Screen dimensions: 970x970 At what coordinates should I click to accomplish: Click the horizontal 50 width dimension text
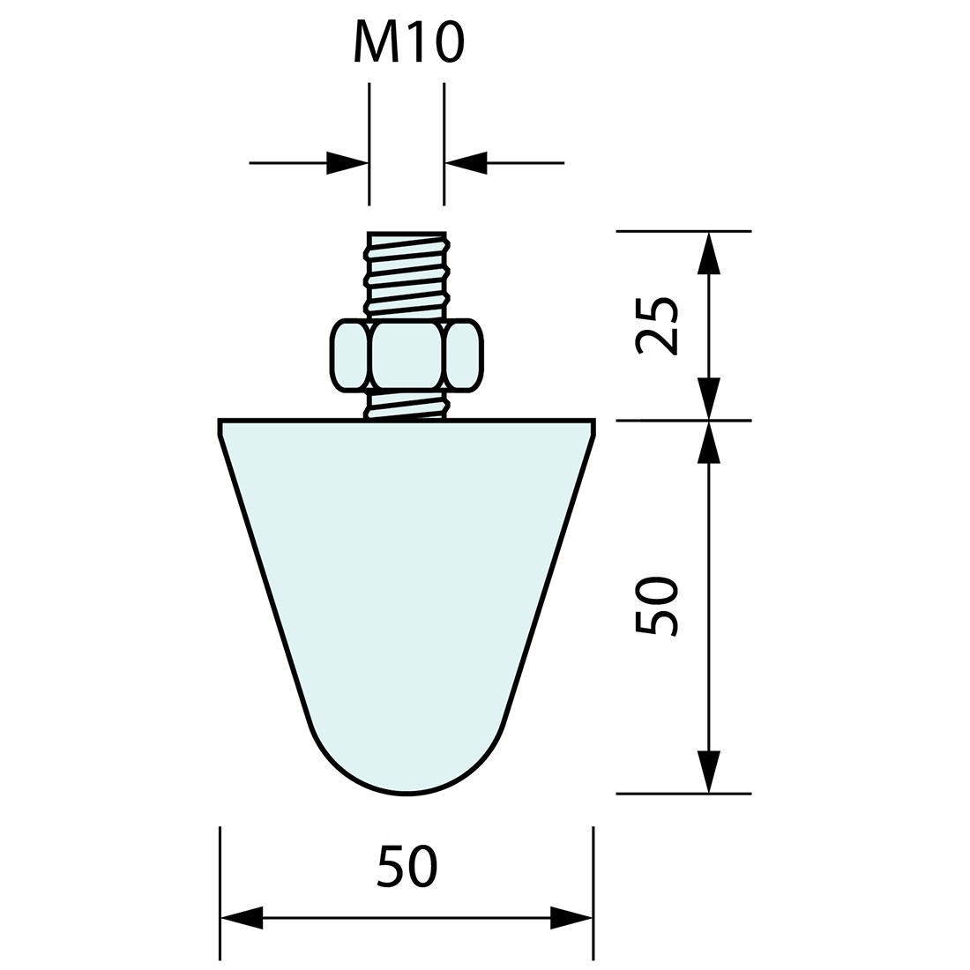[x=407, y=867]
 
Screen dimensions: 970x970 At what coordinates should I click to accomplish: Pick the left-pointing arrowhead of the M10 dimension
[x=466, y=163]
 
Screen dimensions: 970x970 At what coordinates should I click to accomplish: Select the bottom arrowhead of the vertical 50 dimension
[x=709, y=772]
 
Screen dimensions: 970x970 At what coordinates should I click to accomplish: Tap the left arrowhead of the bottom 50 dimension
[x=242, y=918]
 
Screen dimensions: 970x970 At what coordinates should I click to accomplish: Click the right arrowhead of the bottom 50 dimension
[x=571, y=918]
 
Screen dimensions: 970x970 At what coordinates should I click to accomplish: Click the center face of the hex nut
[x=407, y=355]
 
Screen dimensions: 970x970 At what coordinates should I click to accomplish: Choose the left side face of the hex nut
[x=349, y=355]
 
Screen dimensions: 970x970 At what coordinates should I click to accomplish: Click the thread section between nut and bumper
[x=407, y=405]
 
